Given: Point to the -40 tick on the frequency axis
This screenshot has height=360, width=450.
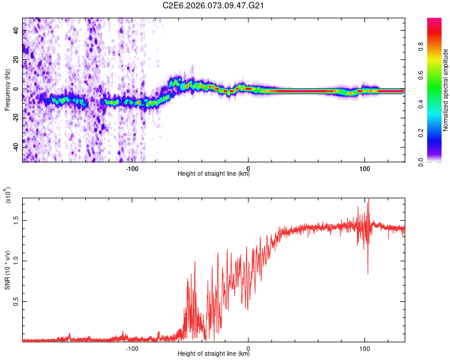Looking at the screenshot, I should (16, 148).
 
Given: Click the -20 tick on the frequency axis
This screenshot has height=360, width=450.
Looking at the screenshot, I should (16, 118).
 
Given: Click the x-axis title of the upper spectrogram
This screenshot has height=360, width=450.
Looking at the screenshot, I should (214, 174).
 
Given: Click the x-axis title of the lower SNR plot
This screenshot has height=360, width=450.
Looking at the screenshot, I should (214, 354).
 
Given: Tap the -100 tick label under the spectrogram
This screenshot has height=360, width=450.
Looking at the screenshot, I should (133, 167).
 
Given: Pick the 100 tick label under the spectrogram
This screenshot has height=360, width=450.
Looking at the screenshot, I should (364, 167).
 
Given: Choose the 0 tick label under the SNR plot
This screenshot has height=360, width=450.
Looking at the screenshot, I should (248, 347).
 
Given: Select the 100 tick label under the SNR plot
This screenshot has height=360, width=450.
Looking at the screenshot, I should (364, 347).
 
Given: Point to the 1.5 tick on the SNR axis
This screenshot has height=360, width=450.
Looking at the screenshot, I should (17, 220).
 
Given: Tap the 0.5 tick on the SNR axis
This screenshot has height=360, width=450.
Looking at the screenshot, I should (17, 301).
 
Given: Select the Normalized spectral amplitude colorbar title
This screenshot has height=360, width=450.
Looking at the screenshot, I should (445, 91).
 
